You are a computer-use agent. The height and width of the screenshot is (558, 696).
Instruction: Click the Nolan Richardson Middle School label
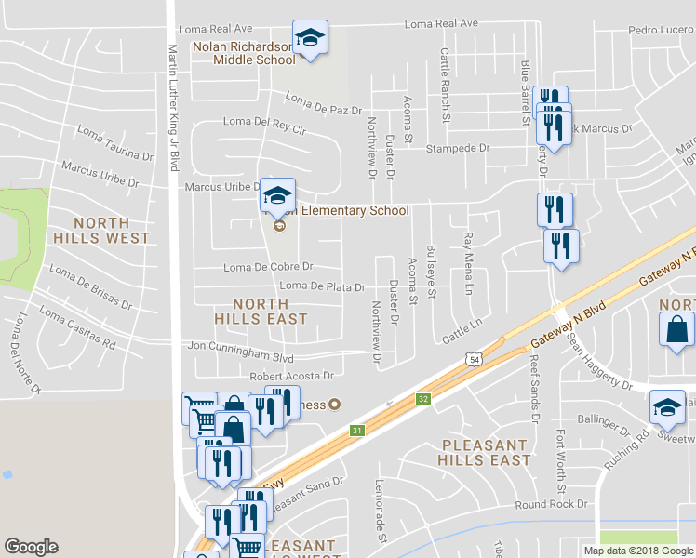(244, 53)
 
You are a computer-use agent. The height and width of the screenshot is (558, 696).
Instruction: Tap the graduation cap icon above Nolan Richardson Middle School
(310, 38)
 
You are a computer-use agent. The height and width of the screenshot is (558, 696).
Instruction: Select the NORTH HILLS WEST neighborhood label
(112, 230)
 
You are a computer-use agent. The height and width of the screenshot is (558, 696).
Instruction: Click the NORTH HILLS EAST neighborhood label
(270, 311)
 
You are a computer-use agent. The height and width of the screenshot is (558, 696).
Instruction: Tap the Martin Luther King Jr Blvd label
(173, 107)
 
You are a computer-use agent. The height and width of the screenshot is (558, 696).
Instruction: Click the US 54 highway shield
(475, 359)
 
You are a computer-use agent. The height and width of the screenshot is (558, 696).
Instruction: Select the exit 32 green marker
(424, 399)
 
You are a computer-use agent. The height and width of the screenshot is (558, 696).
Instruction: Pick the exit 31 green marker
(356, 431)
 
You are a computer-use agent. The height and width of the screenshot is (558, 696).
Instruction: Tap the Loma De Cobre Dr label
(269, 268)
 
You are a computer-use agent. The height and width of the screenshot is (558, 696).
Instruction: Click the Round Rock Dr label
(553, 505)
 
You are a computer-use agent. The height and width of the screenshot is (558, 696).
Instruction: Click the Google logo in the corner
(32, 547)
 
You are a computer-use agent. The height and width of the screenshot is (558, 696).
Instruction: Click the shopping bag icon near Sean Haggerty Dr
(676, 330)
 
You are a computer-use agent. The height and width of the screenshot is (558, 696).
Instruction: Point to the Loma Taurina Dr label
(114, 144)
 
